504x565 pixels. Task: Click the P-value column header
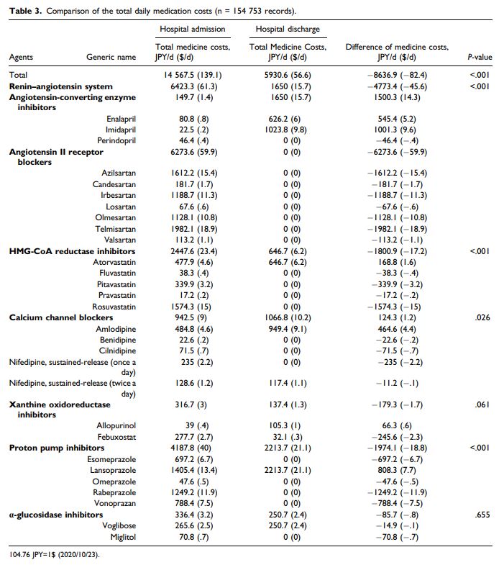(479, 57)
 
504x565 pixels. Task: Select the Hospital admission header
(192, 29)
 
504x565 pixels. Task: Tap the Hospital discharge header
(288, 29)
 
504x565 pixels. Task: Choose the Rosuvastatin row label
(115, 306)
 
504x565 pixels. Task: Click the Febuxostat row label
(116, 437)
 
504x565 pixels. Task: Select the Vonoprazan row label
(116, 502)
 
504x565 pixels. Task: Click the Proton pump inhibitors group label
(56, 448)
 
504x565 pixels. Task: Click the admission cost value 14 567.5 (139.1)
(192, 74)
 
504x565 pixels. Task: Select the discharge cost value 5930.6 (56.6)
(288, 74)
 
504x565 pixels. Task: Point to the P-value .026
(482, 317)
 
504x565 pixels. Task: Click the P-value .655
(482, 514)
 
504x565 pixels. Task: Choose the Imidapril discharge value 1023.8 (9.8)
(288, 130)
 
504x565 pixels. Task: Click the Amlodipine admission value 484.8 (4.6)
(192, 328)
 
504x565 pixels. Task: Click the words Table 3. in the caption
(24, 11)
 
